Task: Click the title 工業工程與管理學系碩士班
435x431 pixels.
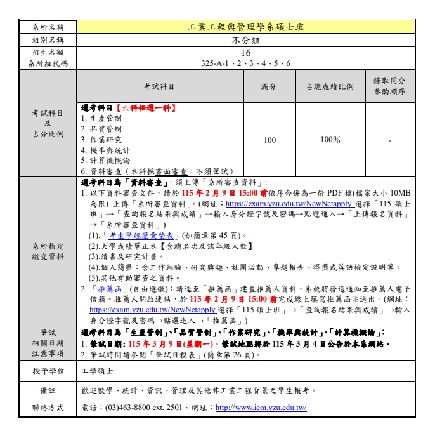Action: [246, 27]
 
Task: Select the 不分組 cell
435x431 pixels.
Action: [246, 40]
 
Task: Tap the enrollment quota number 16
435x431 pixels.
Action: [246, 52]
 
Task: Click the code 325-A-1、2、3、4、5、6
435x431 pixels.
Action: [246, 63]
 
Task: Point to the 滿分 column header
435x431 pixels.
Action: [269, 86]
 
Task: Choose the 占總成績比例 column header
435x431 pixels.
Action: [330, 86]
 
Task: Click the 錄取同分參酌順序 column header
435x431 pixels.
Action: [389, 86]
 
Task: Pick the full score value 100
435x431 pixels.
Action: [269, 140]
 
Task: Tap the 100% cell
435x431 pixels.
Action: [330, 140]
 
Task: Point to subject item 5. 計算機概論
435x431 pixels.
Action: [105, 161]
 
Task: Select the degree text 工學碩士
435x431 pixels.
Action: [98, 371]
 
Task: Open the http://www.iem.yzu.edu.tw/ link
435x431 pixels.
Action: [261, 408]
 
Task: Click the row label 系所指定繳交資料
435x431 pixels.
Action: [48, 251]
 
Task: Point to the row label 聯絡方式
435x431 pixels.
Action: [48, 408]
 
